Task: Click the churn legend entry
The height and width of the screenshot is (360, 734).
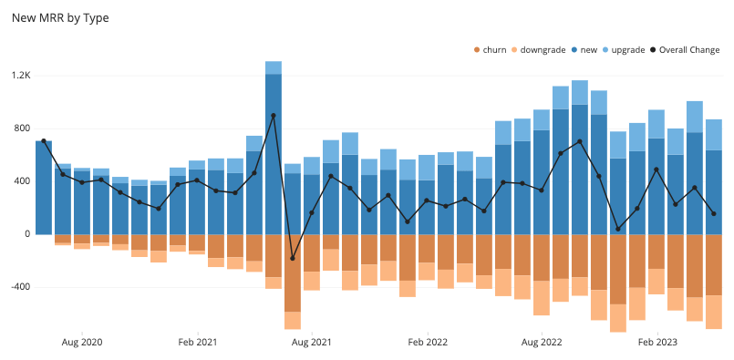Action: point(494,49)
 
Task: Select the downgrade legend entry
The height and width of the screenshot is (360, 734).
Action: point(543,49)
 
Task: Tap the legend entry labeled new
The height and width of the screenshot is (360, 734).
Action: point(588,49)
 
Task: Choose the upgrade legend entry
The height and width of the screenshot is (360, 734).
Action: point(627,49)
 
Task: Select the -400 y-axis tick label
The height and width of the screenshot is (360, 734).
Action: point(20,286)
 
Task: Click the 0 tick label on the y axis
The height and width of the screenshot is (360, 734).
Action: point(27,233)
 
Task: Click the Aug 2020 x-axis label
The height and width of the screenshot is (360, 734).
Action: point(82,343)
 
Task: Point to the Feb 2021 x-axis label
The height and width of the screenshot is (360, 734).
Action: point(197,343)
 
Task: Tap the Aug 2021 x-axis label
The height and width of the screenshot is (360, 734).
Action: point(312,343)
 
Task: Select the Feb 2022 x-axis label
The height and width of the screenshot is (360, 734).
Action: point(427,343)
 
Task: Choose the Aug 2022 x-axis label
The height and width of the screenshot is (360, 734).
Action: point(542,343)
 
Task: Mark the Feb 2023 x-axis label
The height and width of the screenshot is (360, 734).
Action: point(656,343)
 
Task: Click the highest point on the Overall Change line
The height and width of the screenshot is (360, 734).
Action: point(274,116)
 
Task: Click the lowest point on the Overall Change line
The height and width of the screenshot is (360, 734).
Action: point(293,258)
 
